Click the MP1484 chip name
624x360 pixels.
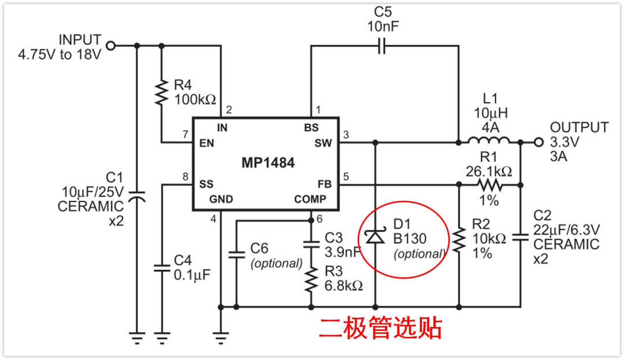tap(268, 163)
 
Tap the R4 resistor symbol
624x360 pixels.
tap(161, 92)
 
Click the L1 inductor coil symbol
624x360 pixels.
tap(489, 141)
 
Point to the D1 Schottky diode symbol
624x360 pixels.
tap(376, 235)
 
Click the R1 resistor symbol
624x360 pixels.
tap(490, 185)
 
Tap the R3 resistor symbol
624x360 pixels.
tap(311, 280)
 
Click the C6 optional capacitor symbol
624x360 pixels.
tap(236, 254)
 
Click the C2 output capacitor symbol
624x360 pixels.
tap(521, 236)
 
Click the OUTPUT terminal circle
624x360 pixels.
tap(539, 142)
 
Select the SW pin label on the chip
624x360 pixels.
tap(324, 143)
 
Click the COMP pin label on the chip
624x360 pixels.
tap(310, 199)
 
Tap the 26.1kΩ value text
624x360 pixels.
tap(489, 171)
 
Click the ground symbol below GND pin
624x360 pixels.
tap(221, 335)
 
